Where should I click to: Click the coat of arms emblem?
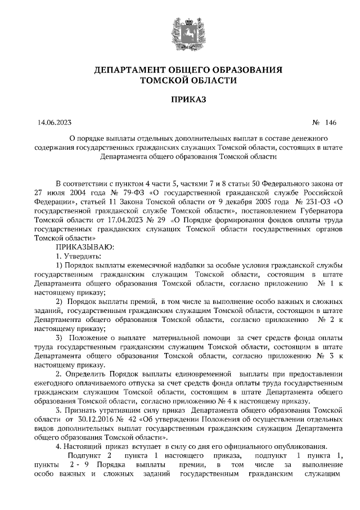click(179, 32)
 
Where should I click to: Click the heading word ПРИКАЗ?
click(179, 100)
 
